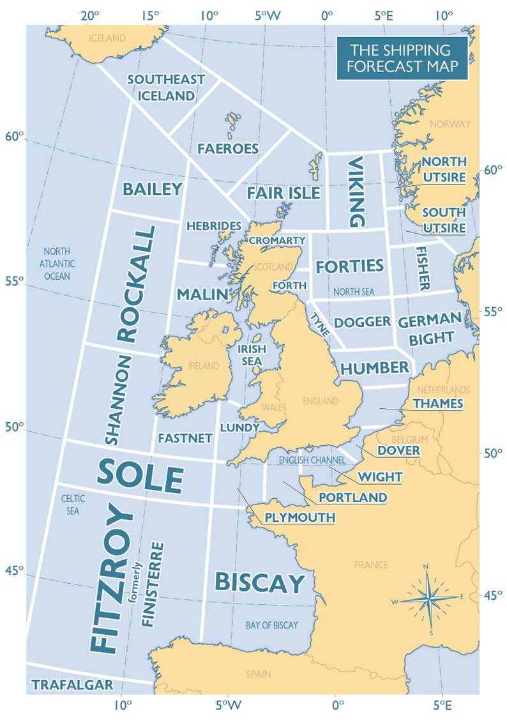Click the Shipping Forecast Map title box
[402, 58]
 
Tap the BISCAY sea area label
[259, 582]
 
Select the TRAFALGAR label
[72, 685]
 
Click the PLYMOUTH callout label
[299, 517]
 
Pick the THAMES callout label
[437, 404]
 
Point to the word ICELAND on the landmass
[107, 38]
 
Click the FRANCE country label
[371, 565]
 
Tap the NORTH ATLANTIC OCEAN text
[57, 264]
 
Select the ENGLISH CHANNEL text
[312, 460]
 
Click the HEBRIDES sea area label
[213, 226]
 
